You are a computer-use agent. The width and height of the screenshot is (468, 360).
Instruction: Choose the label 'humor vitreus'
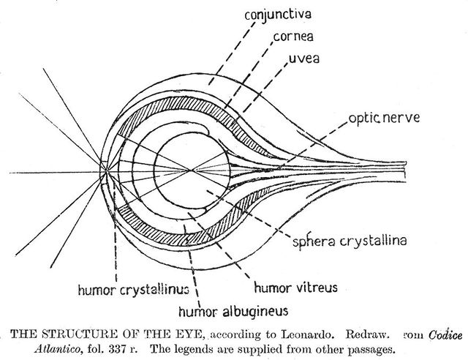point(295,286)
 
